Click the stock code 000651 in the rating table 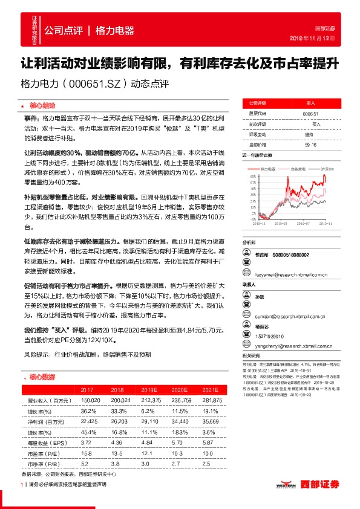click(x=310, y=114)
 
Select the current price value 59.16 click(x=310, y=145)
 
